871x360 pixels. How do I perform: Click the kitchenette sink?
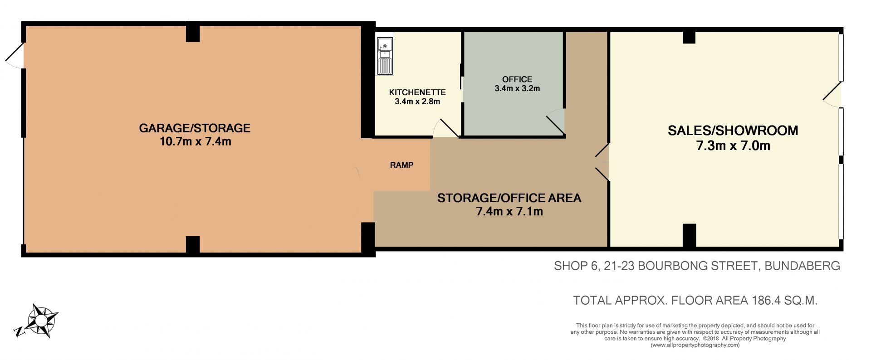(x=385, y=56)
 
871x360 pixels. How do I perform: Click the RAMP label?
(x=401, y=165)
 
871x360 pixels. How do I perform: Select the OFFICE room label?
(x=517, y=79)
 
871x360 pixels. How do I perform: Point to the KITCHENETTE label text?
(x=417, y=92)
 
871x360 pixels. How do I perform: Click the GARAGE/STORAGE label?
(x=195, y=128)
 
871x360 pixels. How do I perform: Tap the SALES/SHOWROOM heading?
(x=733, y=131)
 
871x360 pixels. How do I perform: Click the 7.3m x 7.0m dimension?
(x=733, y=146)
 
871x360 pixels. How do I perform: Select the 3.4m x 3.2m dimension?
(x=517, y=89)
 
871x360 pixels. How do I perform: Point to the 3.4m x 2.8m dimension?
(x=417, y=102)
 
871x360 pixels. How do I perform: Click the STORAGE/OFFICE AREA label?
(x=509, y=198)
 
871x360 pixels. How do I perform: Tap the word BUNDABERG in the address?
(x=802, y=266)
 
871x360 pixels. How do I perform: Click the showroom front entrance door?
(x=832, y=95)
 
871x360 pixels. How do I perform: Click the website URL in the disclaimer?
(x=695, y=345)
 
